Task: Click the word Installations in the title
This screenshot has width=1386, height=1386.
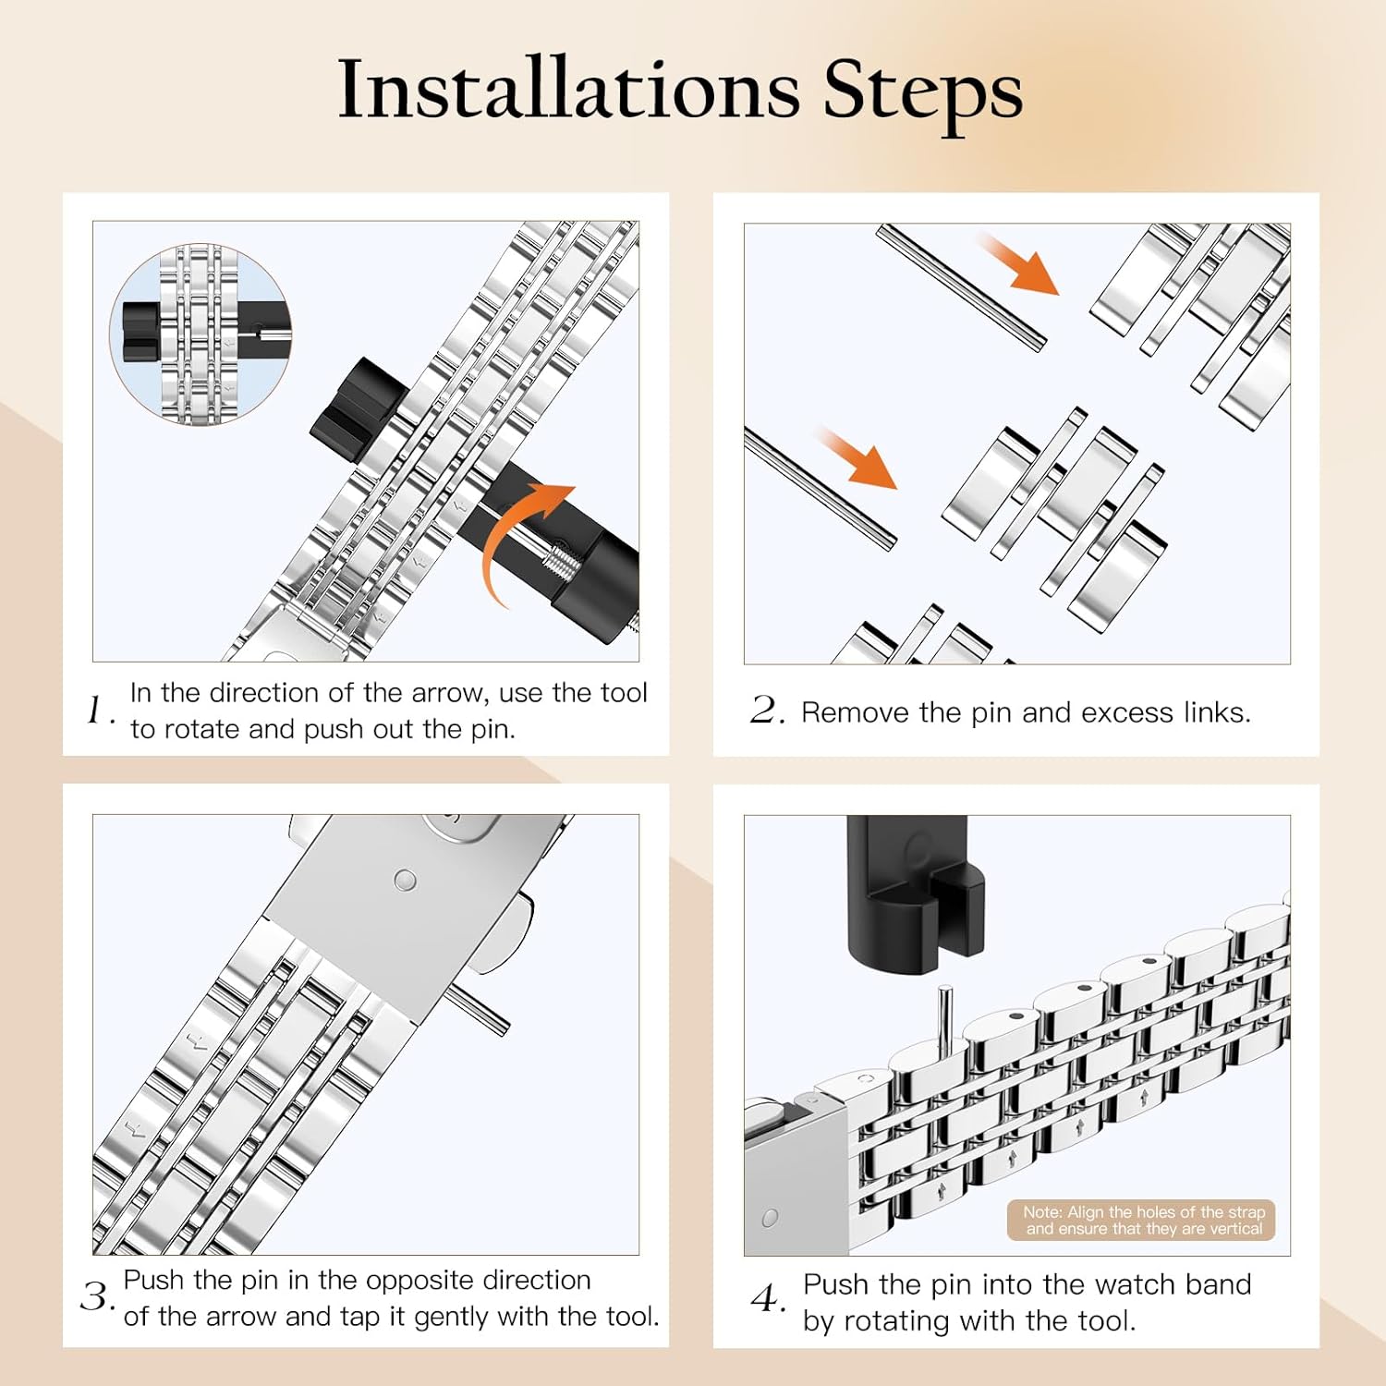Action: (x=569, y=90)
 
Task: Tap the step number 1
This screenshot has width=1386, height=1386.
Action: (x=100, y=711)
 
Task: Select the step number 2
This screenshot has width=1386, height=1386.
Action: (x=768, y=711)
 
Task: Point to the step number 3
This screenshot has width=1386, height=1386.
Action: (x=98, y=1296)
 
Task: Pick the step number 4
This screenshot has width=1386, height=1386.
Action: (x=768, y=1299)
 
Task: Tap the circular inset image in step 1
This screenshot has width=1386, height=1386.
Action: (x=201, y=334)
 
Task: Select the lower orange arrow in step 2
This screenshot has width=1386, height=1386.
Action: (x=857, y=458)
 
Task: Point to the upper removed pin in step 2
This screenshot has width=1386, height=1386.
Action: (x=961, y=287)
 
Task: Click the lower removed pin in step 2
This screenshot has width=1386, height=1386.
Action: (x=820, y=489)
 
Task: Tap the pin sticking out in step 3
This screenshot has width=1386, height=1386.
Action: (x=479, y=1010)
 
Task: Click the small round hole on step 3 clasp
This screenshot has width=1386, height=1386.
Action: (x=405, y=880)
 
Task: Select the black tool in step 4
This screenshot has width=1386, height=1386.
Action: (x=916, y=894)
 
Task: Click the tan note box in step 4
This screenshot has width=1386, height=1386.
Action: (x=1141, y=1220)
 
